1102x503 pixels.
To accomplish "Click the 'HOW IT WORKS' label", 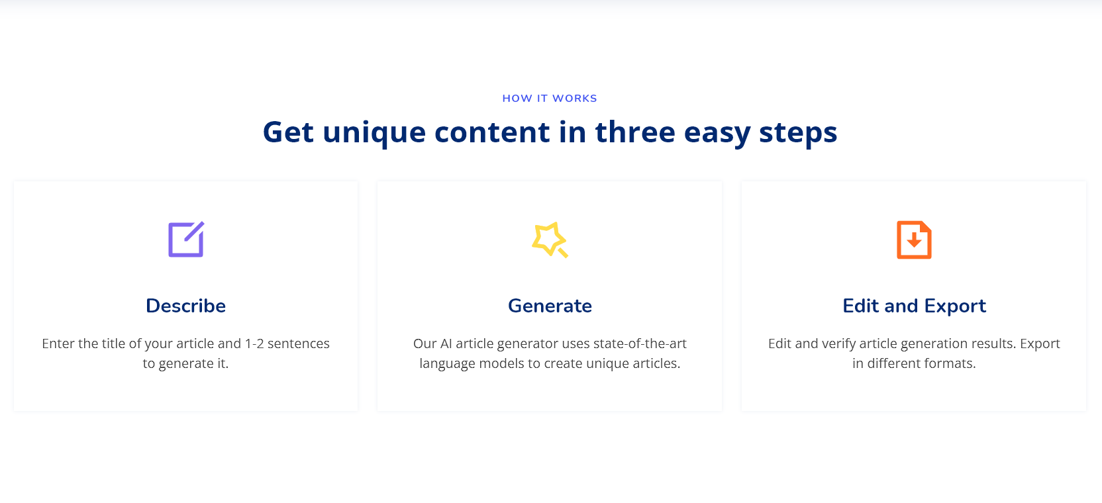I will point(550,99).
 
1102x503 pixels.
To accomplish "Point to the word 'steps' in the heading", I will point(798,133).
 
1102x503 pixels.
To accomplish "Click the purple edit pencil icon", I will point(186,240).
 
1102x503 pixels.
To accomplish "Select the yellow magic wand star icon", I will point(550,240).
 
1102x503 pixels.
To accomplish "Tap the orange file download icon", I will point(914,240).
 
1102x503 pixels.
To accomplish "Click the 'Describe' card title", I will point(185,306).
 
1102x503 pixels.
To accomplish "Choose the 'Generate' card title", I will point(550,306).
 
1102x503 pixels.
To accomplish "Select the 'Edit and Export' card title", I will point(914,306).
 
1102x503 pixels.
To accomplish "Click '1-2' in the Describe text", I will point(254,343).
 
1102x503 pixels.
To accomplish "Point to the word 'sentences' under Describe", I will point(299,343).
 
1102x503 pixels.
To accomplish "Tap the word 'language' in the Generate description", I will point(447,364).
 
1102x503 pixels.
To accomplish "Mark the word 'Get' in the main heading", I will point(288,133).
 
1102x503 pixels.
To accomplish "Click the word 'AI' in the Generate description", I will point(446,343).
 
